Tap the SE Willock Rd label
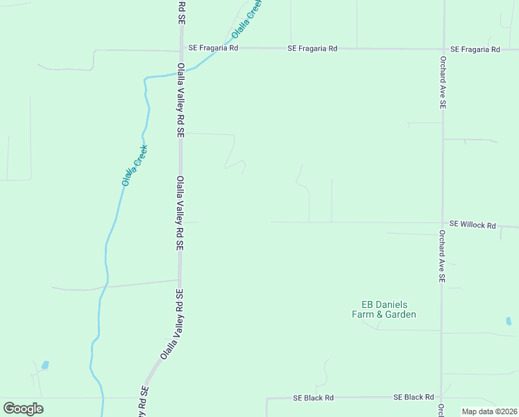[473, 225]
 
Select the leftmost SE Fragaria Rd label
[213, 49]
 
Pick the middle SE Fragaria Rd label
[312, 49]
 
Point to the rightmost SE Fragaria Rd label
[475, 49]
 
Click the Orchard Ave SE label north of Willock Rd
[442, 82]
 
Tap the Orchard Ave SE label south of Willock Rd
[442, 256]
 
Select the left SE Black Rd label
[313, 398]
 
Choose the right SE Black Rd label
[414, 397]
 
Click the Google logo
[23, 409]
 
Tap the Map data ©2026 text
[490, 411]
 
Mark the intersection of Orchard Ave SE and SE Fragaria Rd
[443, 49]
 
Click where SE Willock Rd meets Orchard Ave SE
[442, 223]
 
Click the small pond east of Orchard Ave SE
[509, 321]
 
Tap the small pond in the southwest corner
[45, 365]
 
